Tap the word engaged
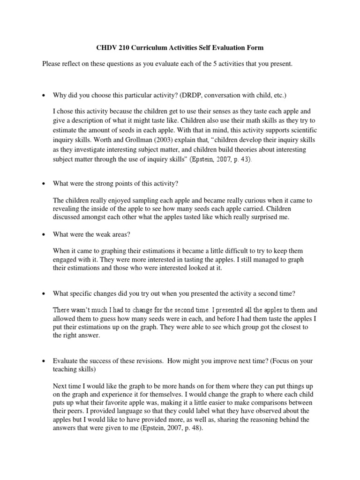[x=66, y=259]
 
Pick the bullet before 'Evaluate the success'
[x=43, y=361]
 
